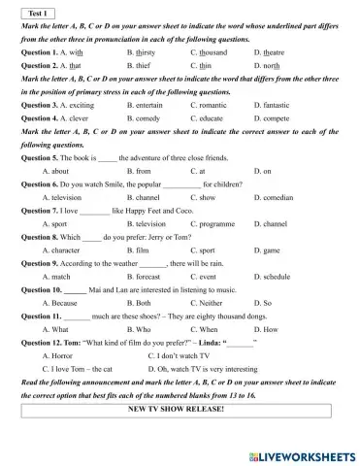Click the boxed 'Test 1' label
point(35,12)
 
